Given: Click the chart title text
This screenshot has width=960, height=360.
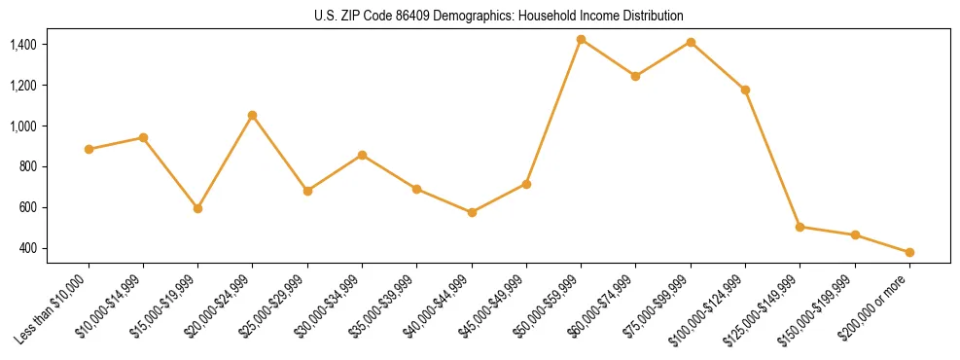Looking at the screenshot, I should coord(498,17).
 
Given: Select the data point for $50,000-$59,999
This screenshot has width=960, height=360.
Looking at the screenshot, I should coord(581,39).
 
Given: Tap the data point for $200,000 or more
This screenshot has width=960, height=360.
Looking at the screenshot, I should coord(909,252).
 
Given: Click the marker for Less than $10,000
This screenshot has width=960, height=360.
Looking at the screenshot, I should coord(89,149).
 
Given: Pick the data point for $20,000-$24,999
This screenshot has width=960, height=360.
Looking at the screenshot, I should coord(253,115).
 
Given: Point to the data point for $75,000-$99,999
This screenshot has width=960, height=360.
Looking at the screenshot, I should coord(691,42).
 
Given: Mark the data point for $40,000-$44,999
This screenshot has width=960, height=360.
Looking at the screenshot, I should coord(472,212).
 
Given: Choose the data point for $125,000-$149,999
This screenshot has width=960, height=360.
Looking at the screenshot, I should coord(800,227).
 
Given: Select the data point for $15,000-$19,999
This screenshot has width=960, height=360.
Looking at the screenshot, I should coord(197,208).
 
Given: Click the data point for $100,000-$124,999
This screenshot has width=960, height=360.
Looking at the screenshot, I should coord(745,90).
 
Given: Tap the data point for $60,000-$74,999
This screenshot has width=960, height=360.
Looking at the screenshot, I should coord(635,76).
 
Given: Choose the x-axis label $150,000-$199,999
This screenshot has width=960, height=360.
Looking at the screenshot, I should coord(822,308).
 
